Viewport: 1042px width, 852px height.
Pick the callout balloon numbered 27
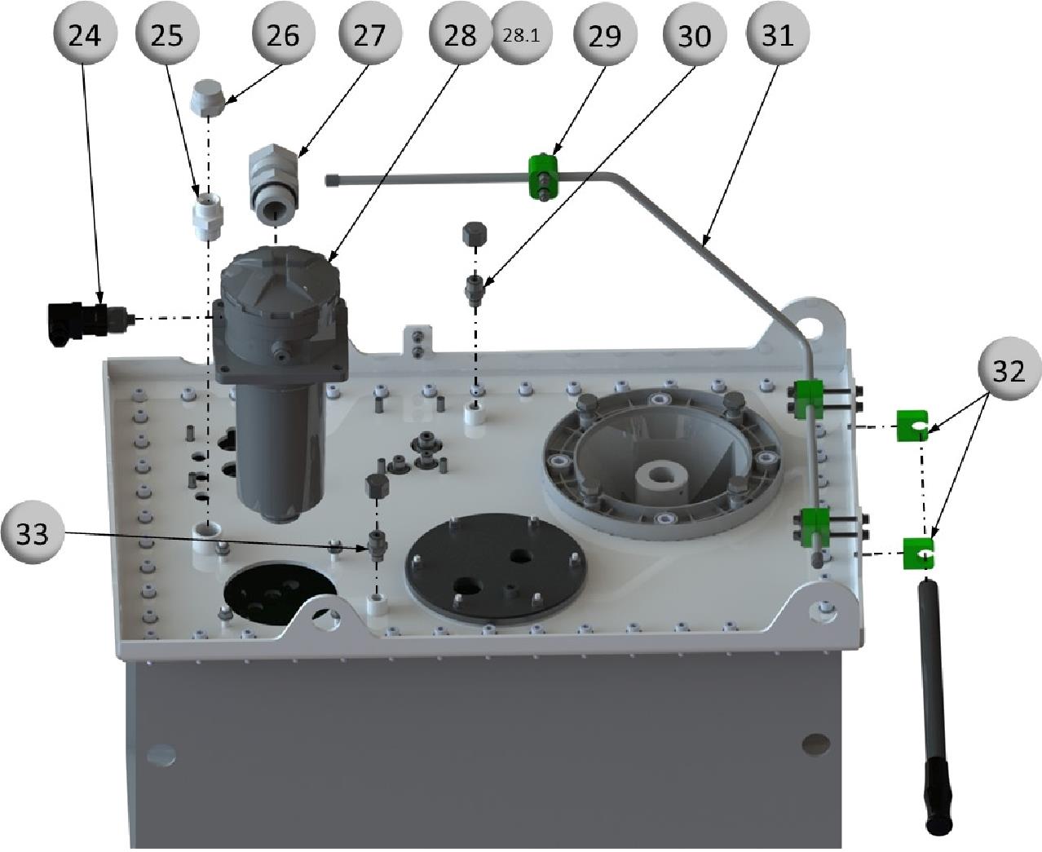coord(372,34)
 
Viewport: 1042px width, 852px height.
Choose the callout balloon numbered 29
coord(604,34)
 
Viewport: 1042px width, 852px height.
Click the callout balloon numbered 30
coord(694,34)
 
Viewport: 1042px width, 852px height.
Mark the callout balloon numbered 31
coord(777,34)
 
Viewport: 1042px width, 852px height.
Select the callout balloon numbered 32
coord(1009,369)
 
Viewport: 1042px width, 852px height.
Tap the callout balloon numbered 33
coord(33,533)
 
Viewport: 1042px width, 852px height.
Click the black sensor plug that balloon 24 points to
coord(77,320)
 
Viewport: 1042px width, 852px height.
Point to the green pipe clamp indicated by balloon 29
coord(541,176)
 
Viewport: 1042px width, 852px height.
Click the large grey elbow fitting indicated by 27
coord(274,183)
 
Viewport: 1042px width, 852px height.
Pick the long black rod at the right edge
coord(936,701)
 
